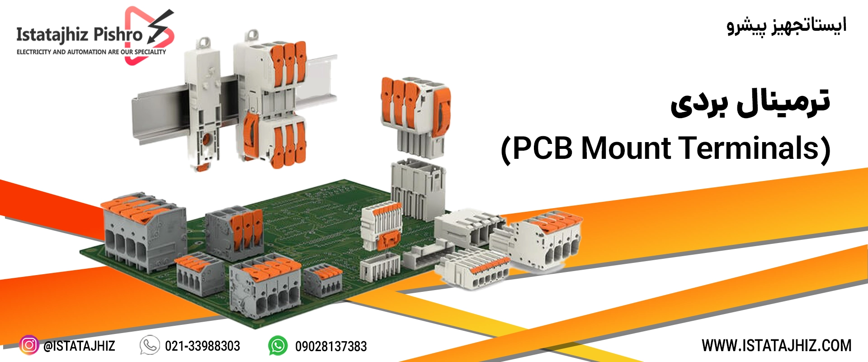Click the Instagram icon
click(x=29, y=345)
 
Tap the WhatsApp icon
click(x=278, y=346)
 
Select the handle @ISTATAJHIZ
click(x=79, y=346)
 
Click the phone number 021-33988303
click(x=203, y=346)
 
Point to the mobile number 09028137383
click(x=331, y=347)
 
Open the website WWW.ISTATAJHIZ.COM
click(x=777, y=346)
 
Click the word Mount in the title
click(x=626, y=148)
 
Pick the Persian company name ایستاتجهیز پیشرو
click(x=787, y=26)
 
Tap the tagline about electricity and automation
click(x=91, y=52)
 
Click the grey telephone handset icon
click(x=150, y=345)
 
